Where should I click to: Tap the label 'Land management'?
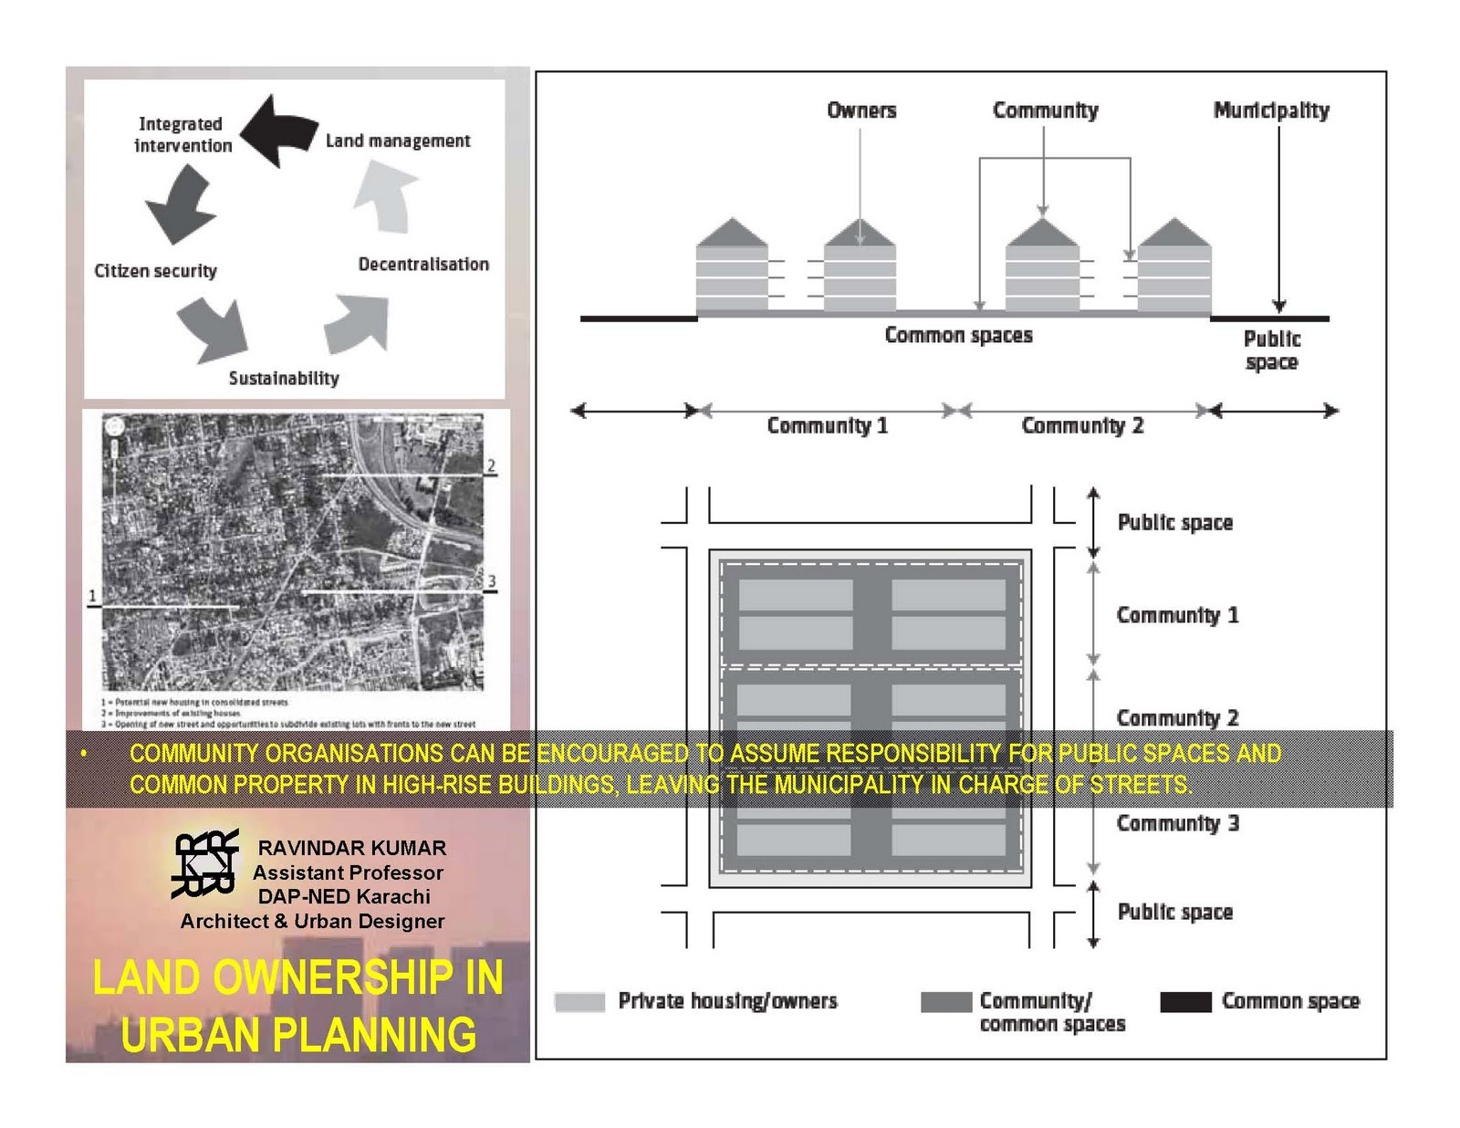coord(398,141)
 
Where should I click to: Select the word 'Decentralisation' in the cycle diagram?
coord(423,264)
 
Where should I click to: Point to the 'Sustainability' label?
coord(284,378)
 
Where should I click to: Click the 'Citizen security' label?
coord(156,270)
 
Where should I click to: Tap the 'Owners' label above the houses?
coord(861,110)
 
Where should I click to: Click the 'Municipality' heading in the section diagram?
coord(1271,110)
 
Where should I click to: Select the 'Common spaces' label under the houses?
coord(958,335)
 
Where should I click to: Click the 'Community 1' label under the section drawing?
coord(827,425)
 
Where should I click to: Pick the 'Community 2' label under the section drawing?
coord(1082,425)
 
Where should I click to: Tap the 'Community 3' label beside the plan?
coord(1177,823)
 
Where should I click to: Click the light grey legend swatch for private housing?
coord(579,1001)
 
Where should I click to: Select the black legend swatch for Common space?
coord(1185,1001)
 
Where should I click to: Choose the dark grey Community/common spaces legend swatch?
coord(946,1001)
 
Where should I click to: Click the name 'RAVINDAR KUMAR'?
coord(352,848)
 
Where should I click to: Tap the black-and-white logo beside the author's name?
coord(205,862)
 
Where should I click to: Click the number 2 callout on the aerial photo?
coord(491,466)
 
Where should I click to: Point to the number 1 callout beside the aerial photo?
coord(92,596)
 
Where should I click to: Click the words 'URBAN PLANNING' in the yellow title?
coord(298,1034)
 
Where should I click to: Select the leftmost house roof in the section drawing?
coord(732,233)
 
